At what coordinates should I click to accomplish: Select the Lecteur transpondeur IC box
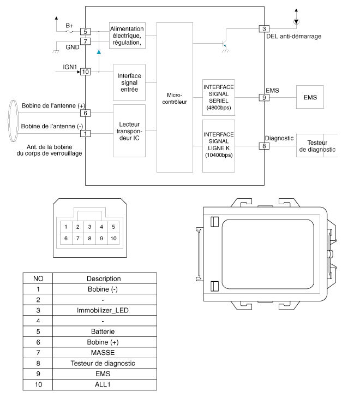click(129, 131)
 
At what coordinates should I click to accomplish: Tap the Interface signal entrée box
click(129, 82)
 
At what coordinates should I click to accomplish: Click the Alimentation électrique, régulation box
click(127, 36)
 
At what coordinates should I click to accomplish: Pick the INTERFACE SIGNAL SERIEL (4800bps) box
click(218, 98)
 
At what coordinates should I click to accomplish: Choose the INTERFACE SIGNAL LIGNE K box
click(218, 146)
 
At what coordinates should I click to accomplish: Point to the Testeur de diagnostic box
click(317, 146)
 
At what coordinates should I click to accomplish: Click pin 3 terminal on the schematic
click(264, 29)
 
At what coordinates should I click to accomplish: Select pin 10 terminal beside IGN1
click(85, 72)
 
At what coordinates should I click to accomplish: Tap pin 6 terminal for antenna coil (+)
click(85, 113)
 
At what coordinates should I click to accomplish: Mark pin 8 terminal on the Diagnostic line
click(264, 146)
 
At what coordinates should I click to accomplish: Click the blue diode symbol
click(99, 52)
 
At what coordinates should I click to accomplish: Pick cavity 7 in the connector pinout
click(78, 239)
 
